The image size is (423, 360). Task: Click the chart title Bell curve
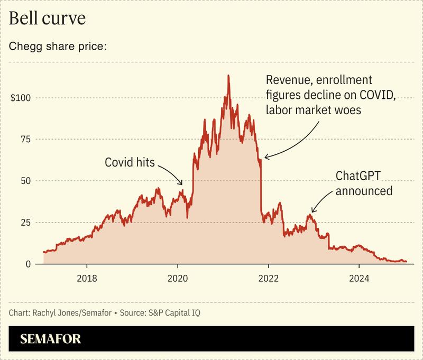[48, 19]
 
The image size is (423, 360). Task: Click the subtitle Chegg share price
[58, 46]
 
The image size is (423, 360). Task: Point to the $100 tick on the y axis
[20, 98]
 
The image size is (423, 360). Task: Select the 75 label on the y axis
[25, 139]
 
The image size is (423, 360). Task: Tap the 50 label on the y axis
[25, 181]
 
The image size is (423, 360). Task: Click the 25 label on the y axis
[25, 222]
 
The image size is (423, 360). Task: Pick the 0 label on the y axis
[28, 264]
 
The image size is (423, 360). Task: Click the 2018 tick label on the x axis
[88, 278]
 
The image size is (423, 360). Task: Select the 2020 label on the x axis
[178, 278]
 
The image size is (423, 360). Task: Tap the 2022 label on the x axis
[269, 278]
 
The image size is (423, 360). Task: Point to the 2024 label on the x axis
[359, 278]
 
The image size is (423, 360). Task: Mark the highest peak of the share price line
[228, 76]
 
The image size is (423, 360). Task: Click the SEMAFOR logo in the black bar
[51, 339]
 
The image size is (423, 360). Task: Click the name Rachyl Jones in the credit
[51, 313]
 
